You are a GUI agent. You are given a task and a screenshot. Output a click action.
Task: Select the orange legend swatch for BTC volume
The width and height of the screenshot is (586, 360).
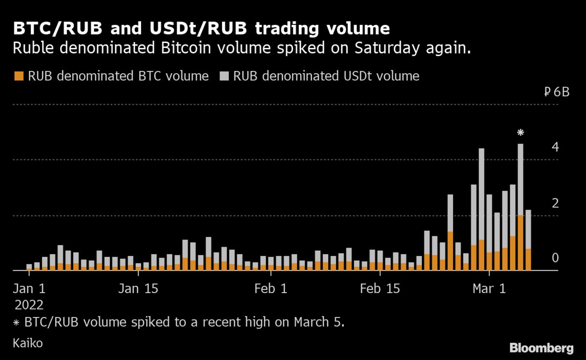[19, 76]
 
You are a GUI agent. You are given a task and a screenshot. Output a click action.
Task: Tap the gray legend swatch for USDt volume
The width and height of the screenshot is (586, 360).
[224, 76]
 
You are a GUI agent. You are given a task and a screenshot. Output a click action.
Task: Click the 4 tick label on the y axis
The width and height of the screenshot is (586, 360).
[555, 148]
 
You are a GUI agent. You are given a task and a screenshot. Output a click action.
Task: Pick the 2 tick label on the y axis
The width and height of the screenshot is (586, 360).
[555, 203]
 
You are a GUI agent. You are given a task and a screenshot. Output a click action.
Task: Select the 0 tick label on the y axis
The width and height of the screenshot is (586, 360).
[555, 258]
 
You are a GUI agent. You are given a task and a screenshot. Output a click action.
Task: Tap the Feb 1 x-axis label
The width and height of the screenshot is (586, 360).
[271, 289]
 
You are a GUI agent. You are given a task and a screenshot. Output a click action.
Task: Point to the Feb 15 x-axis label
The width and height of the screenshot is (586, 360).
[379, 289]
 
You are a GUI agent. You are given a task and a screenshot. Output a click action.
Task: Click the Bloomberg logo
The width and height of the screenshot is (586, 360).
[541, 348]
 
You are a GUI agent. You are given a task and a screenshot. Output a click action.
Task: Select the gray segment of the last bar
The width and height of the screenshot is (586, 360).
[528, 230]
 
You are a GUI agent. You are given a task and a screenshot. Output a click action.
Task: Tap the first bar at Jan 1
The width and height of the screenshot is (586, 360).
[29, 267]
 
